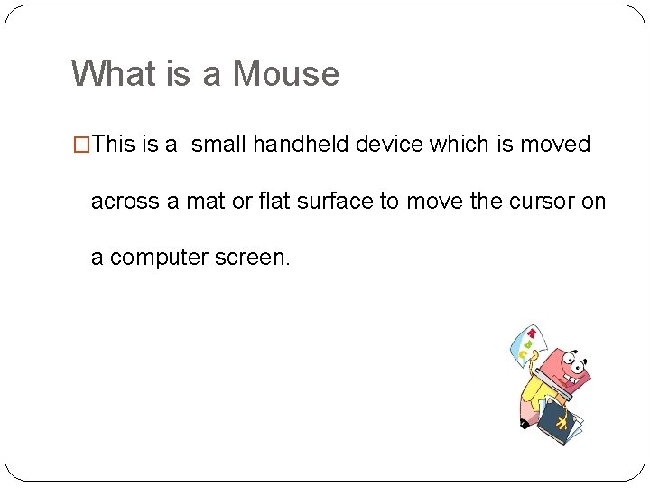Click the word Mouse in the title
click(286, 73)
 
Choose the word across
click(125, 201)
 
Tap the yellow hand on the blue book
click(562, 422)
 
